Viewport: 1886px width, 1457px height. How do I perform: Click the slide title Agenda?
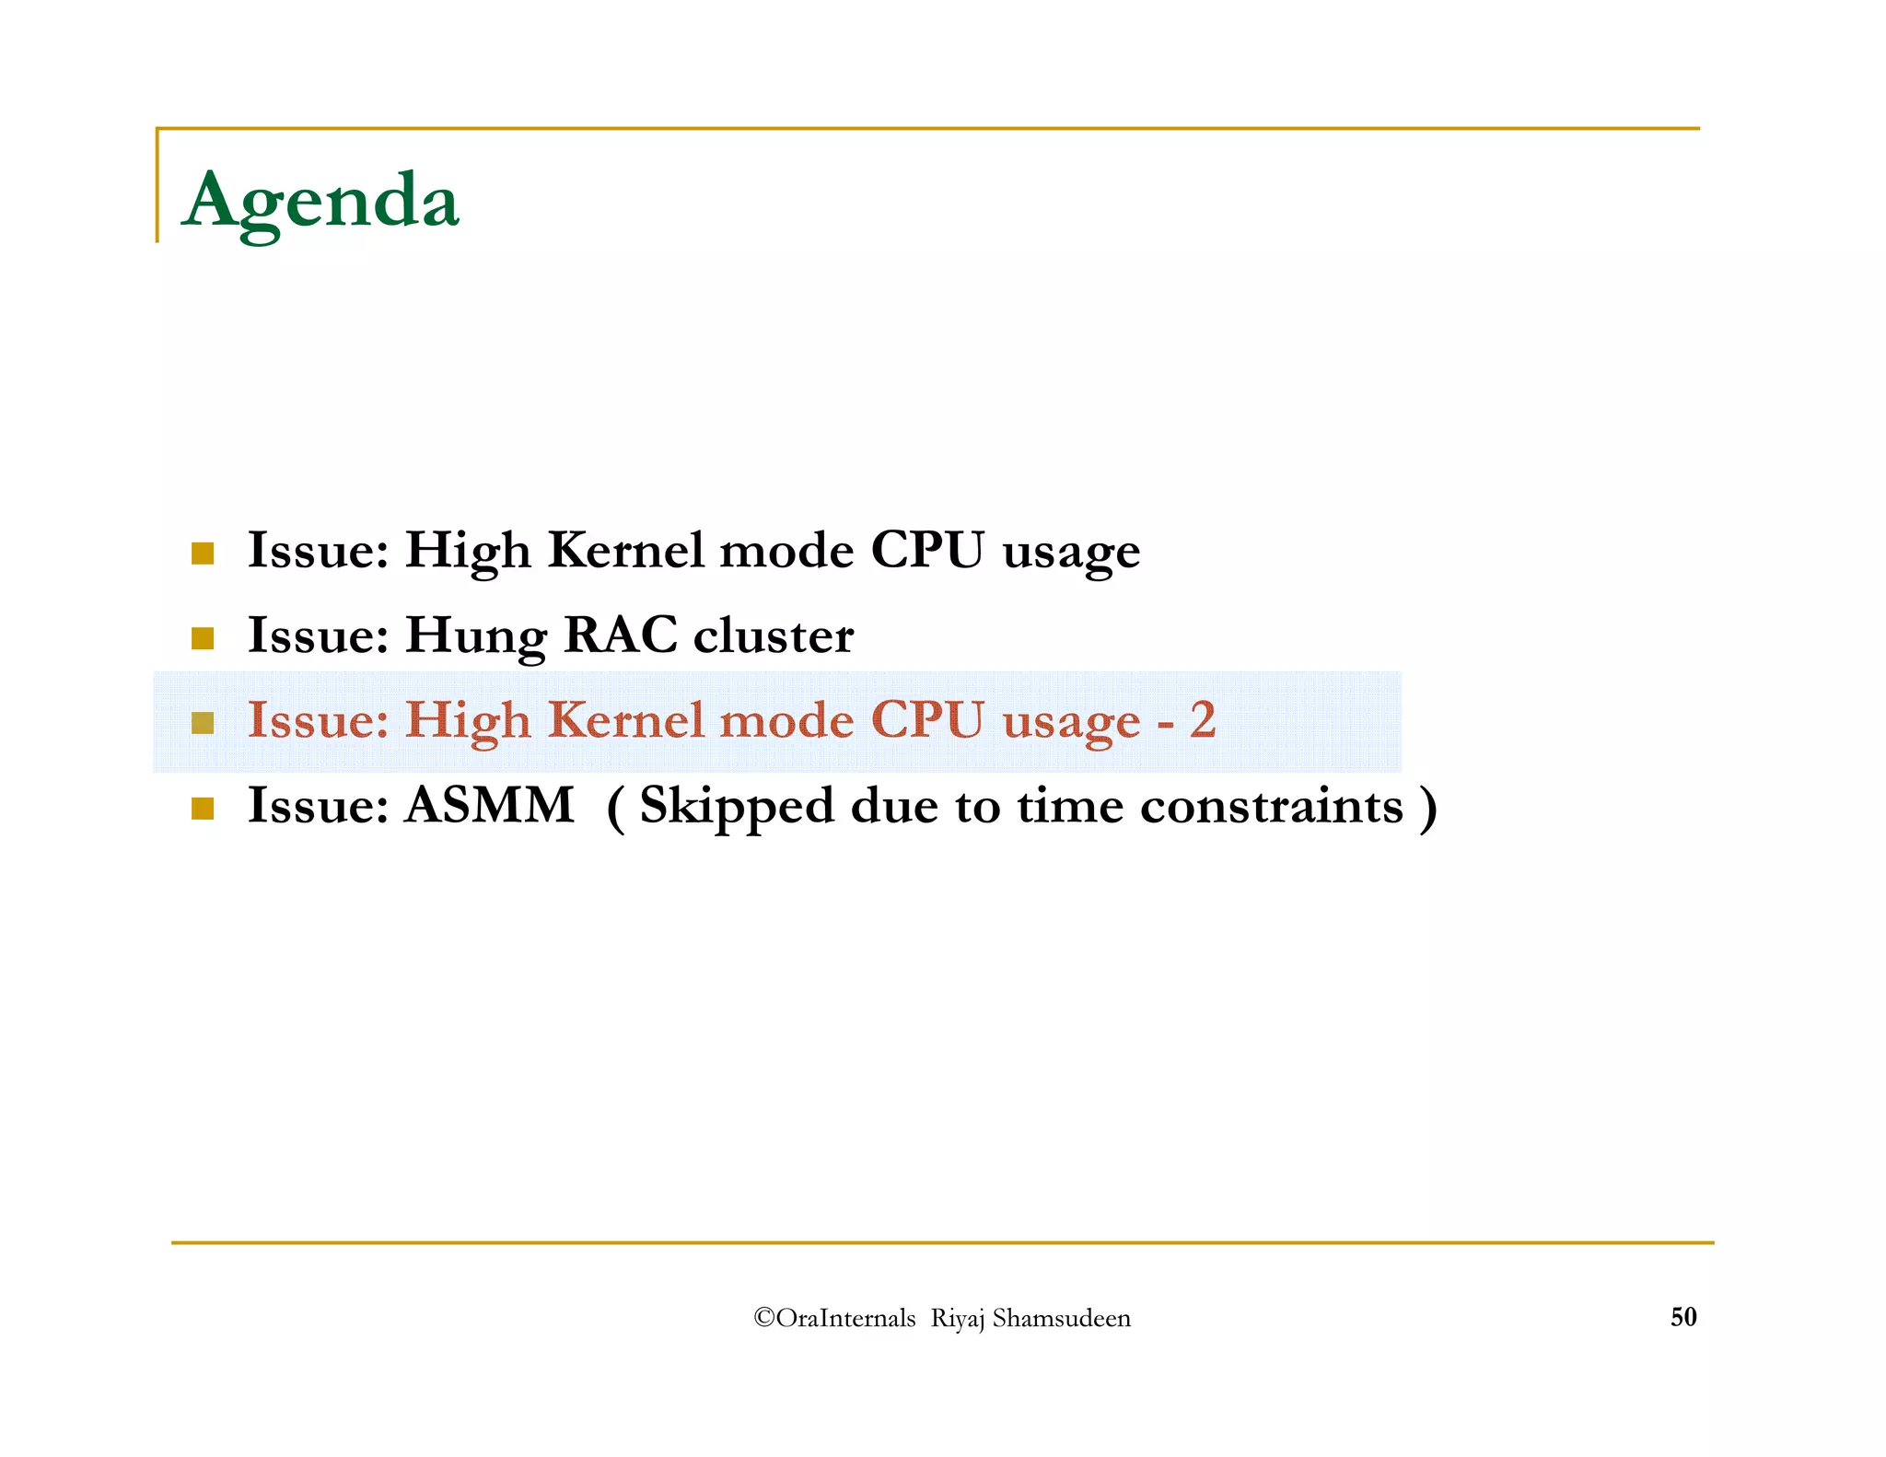320,201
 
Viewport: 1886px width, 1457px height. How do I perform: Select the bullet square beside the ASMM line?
203,809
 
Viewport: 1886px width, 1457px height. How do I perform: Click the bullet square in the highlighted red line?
203,723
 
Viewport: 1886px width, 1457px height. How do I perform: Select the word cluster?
774,635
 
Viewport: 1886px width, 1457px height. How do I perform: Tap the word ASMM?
490,805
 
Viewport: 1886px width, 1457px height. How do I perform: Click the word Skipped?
736,807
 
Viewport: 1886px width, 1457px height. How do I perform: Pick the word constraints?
1271,807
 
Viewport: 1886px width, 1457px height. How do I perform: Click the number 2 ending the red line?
1202,719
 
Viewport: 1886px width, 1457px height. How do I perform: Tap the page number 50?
1682,1317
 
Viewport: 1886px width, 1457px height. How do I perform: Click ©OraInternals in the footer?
834,1319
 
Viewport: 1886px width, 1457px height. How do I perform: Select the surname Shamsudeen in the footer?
1061,1319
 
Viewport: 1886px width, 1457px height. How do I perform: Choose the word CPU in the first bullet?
926,550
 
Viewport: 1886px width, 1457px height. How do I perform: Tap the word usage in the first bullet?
1071,554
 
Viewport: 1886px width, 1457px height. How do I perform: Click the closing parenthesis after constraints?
1427,807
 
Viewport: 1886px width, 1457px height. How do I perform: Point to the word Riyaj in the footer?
958,1320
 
